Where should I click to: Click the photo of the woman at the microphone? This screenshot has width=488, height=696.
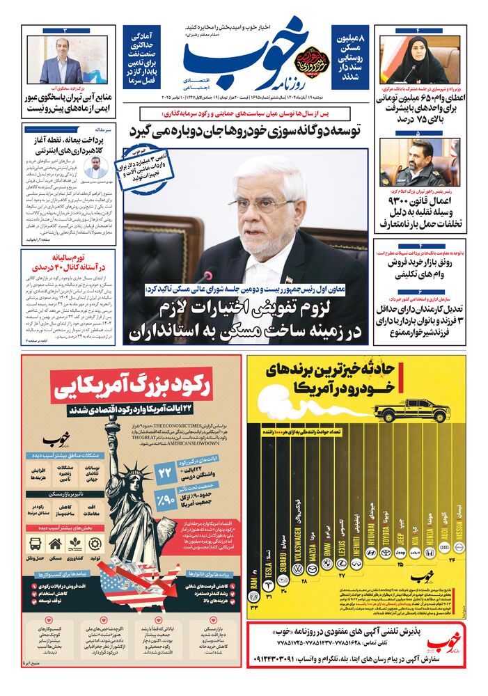[x=419, y=60]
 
